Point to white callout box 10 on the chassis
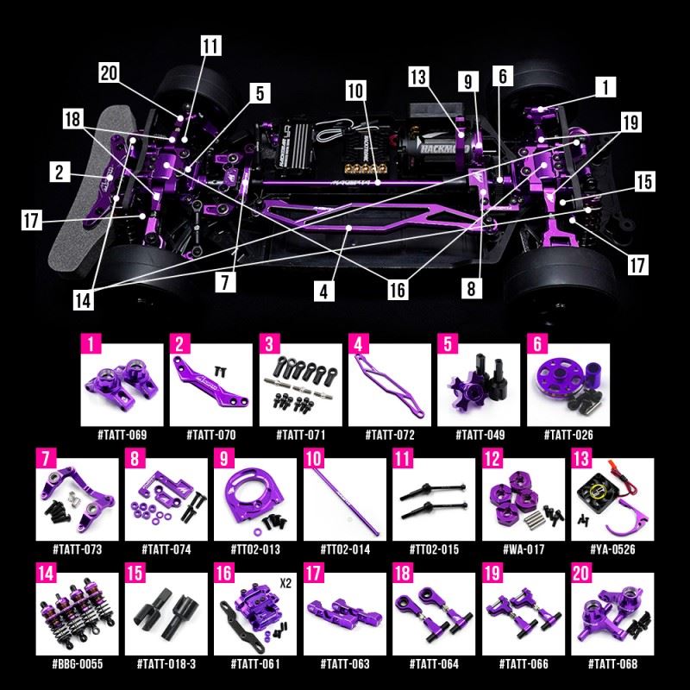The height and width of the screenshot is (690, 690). coord(356,90)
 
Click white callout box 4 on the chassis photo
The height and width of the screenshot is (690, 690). coord(323,292)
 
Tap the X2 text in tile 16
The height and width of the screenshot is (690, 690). coord(284,581)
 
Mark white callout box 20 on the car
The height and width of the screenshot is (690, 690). coord(109,73)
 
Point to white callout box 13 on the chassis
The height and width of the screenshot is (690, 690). coord(419,77)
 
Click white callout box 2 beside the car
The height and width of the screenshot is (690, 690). coord(59,172)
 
